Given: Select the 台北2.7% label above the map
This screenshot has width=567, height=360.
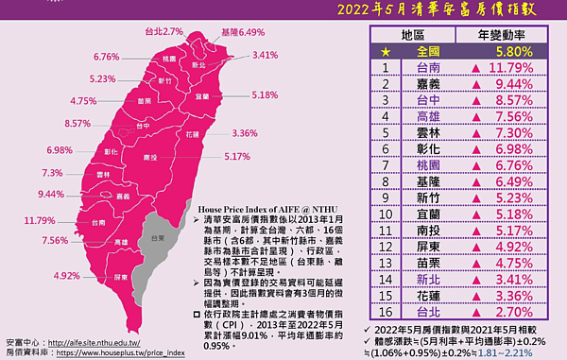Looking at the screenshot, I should tap(163, 31).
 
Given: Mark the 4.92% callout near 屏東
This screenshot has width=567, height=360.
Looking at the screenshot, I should tap(68, 276).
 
